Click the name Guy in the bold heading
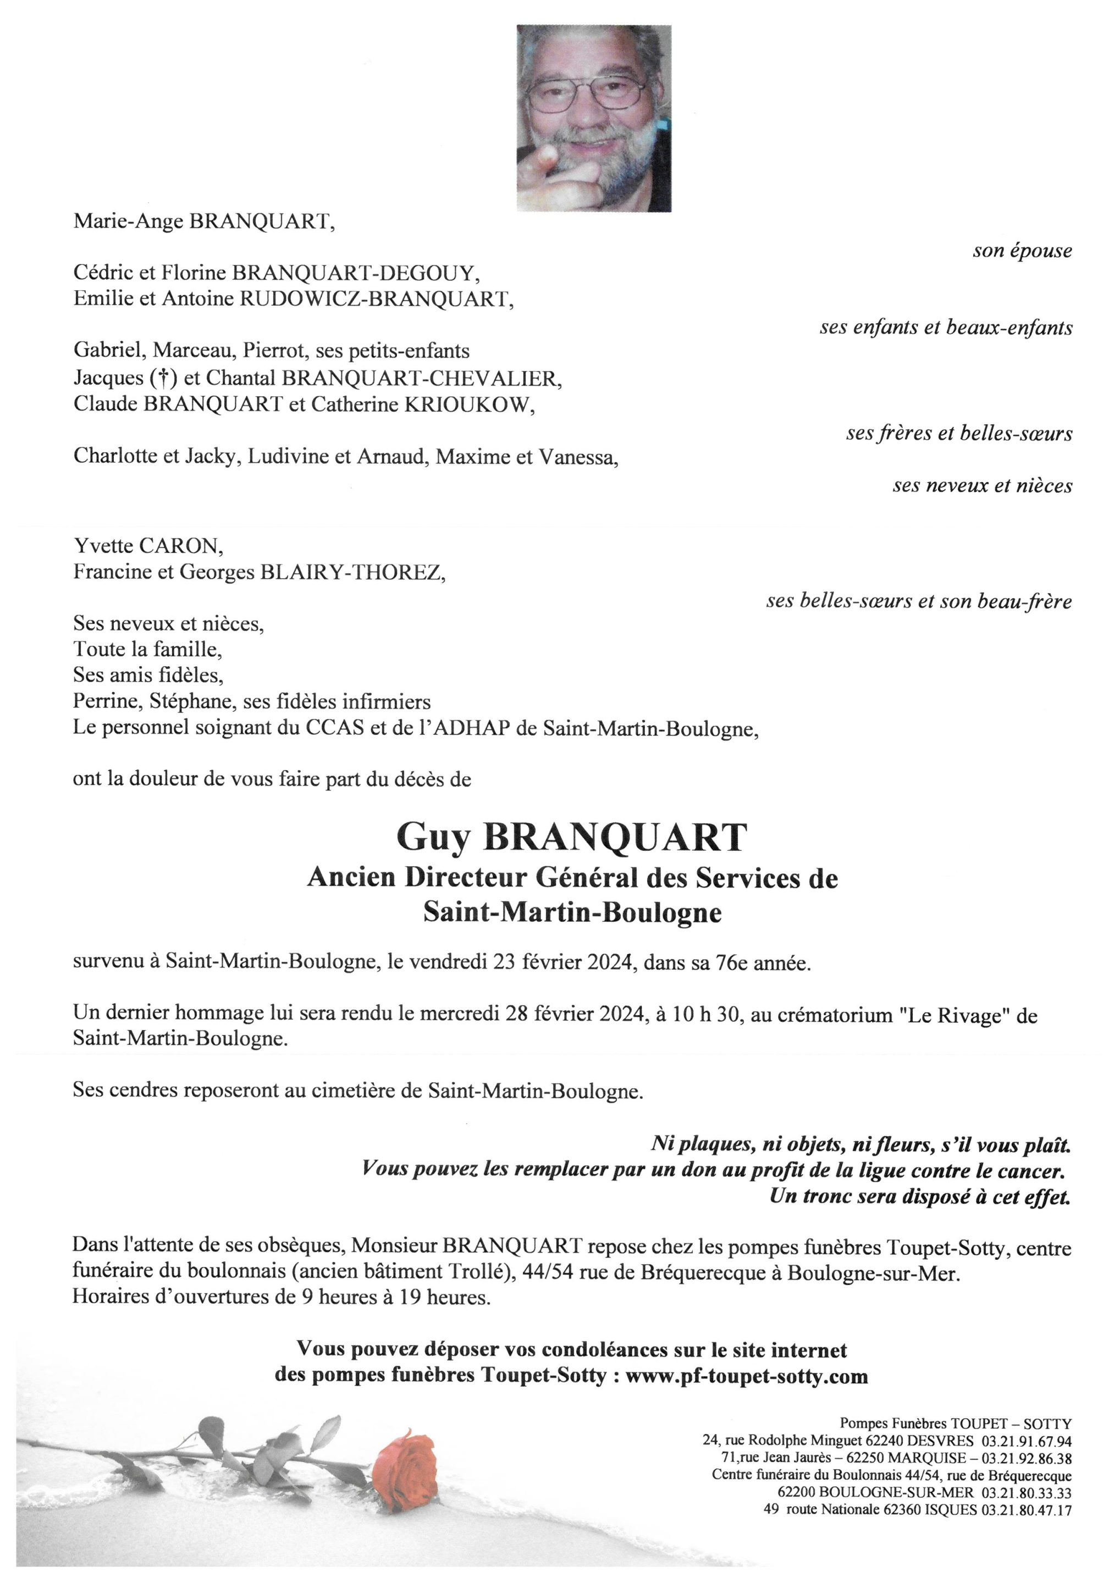tap(432, 838)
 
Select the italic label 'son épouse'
tap(1022, 251)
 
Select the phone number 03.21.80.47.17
tap(1028, 1510)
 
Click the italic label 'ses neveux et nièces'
tap(982, 486)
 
